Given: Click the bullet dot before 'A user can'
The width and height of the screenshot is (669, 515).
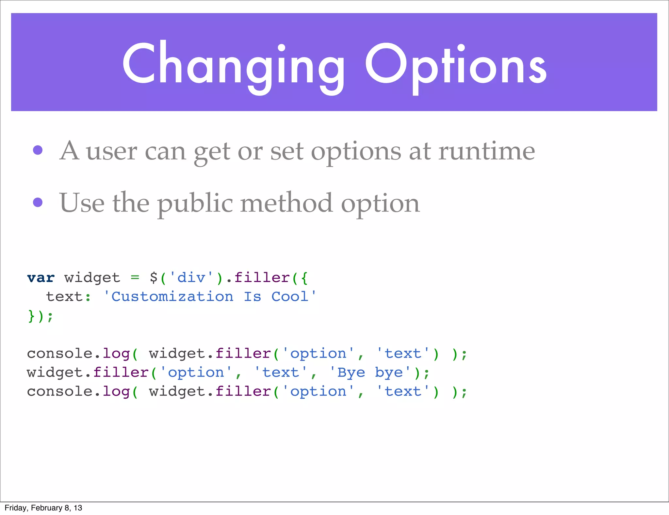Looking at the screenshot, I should point(38,150).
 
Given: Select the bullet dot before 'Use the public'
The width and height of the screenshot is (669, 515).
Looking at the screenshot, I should point(38,202).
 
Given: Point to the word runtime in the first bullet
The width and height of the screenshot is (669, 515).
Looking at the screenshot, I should point(486,151).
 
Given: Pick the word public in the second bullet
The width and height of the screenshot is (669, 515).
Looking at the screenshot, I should point(195,203).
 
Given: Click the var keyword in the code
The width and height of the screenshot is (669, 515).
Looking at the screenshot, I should point(41,278).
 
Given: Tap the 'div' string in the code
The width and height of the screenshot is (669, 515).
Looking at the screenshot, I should point(191,278).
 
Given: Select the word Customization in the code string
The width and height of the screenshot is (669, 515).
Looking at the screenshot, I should point(172,297).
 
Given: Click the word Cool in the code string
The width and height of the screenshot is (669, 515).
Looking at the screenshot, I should point(290,297).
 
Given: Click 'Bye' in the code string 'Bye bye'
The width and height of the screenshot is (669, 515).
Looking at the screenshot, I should point(351,373).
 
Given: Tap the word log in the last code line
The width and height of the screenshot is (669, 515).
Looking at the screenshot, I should point(116,392).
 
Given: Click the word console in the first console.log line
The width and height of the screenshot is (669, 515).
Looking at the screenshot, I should point(60,354).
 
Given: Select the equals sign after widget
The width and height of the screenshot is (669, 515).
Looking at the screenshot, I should point(135,278).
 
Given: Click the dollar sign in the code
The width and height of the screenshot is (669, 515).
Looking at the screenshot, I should point(154,278).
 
